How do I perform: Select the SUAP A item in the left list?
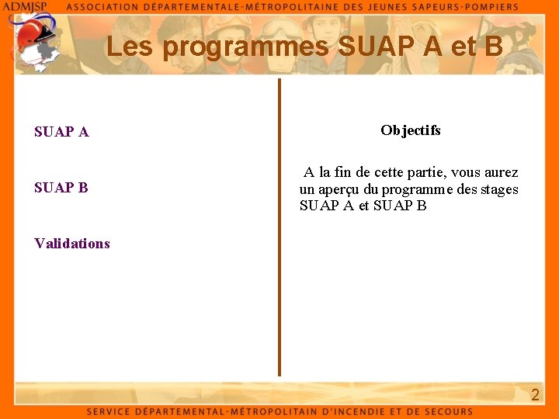(x=61, y=132)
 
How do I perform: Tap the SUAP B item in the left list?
(x=61, y=188)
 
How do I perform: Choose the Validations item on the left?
(x=72, y=244)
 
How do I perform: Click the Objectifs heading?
(x=411, y=130)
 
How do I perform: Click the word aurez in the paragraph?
(x=500, y=172)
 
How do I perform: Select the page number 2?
(x=535, y=395)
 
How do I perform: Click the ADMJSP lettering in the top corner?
(x=26, y=6)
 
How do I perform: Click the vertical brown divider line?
(x=279, y=225)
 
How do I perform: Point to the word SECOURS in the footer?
(x=445, y=411)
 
